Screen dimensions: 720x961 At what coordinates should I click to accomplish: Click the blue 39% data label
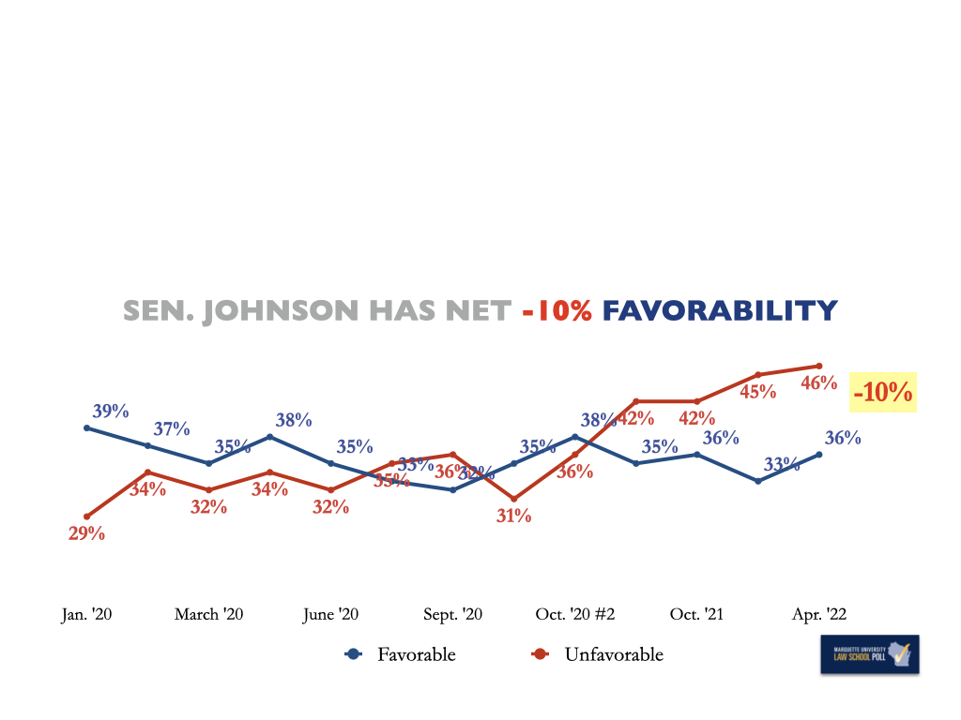tap(111, 411)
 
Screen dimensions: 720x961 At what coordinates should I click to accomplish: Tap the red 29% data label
tap(86, 533)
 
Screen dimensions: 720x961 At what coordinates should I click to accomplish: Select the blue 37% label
tap(172, 428)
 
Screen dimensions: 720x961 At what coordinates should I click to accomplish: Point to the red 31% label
tap(513, 515)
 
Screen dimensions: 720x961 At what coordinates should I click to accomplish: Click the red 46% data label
tap(818, 382)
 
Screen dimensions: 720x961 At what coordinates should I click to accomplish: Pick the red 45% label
tap(757, 391)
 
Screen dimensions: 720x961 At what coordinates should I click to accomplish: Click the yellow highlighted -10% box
tap(882, 392)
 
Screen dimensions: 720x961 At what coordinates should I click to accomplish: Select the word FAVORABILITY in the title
tap(719, 310)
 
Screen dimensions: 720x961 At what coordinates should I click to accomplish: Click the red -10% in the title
tap(557, 310)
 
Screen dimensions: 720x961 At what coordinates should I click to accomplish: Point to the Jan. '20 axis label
tap(86, 614)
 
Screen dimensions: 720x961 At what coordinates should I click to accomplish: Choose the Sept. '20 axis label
tap(453, 614)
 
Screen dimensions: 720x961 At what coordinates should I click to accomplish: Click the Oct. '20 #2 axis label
tap(575, 614)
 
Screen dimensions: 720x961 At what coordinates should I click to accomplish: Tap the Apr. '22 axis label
tap(819, 614)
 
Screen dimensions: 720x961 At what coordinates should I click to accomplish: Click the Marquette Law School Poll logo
tap(869, 654)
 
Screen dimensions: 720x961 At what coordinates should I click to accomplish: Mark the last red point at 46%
tap(819, 366)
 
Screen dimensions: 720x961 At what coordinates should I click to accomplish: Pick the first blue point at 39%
tap(86, 427)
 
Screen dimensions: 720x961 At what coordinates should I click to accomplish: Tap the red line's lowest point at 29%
tap(86, 517)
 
